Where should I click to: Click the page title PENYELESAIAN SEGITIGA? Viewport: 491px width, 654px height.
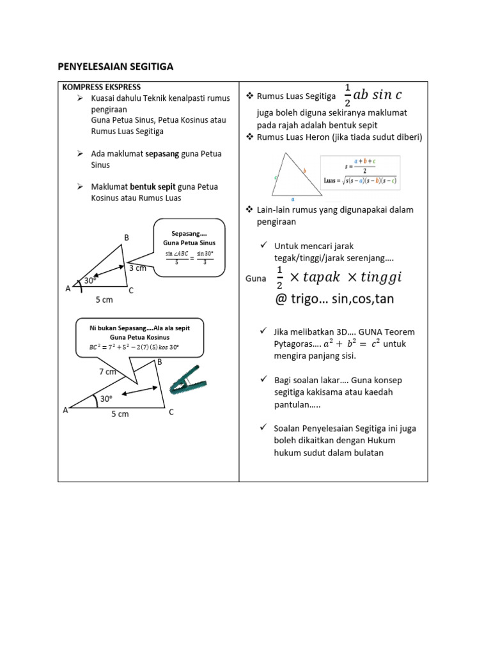[x=116, y=66]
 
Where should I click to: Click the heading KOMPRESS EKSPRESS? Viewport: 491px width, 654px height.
[x=102, y=87]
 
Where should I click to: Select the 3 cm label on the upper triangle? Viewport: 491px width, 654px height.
[x=137, y=268]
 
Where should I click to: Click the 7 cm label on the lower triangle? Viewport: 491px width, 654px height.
[x=107, y=371]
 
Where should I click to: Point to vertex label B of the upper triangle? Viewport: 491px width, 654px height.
[x=127, y=238]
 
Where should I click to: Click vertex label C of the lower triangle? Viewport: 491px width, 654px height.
[x=171, y=412]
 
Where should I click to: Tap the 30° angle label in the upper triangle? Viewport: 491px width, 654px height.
[x=90, y=280]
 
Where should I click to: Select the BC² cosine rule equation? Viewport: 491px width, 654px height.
[x=134, y=347]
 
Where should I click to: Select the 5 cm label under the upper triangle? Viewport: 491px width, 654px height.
[x=104, y=299]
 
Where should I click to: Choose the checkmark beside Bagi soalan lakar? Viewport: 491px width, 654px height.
[x=263, y=379]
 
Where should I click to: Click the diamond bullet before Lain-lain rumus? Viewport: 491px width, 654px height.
[x=250, y=209]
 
